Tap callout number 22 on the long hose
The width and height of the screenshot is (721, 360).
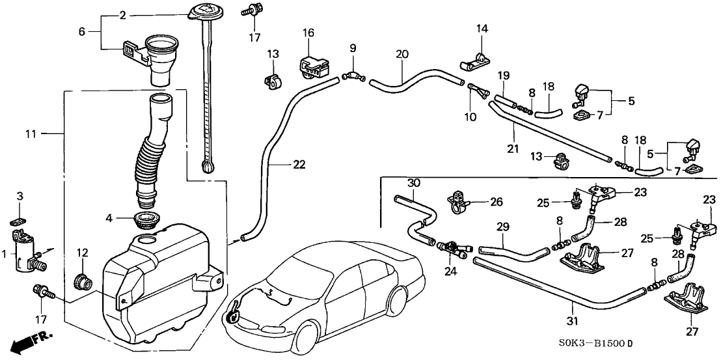[x=298, y=165]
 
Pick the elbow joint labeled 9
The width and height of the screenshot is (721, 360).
[x=353, y=80]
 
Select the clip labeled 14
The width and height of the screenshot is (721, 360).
[x=474, y=61]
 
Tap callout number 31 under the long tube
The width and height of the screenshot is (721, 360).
[x=572, y=320]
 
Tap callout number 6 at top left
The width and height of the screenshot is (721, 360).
[x=81, y=30]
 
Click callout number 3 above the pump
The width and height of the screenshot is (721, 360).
[x=20, y=196]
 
